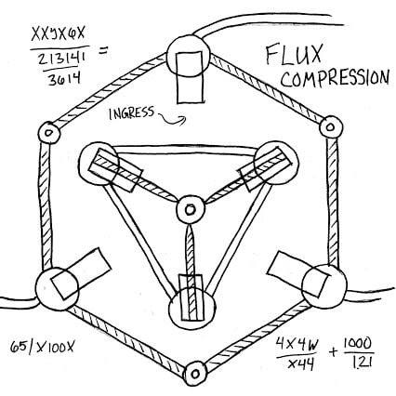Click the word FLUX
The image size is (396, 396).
coord(294,55)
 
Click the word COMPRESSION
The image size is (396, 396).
coord(335,78)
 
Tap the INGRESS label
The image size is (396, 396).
coord(131,112)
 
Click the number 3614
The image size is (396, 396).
coord(64,79)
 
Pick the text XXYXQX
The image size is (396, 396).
coord(58,34)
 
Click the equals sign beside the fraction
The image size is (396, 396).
coord(103,50)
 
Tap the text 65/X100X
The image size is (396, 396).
coord(43,347)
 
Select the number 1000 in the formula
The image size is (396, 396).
coord(357,344)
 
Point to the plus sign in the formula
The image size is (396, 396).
coord(333,351)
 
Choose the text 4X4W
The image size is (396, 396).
coord(297,344)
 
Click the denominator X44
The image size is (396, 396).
coord(300,363)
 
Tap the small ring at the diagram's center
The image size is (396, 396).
coord(191,209)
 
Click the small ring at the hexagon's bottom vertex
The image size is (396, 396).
coord(194,374)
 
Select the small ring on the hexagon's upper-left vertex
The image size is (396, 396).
coord(48,133)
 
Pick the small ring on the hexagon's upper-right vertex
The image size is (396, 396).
coord(331,127)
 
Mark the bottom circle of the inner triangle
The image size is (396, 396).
coord(191,309)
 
